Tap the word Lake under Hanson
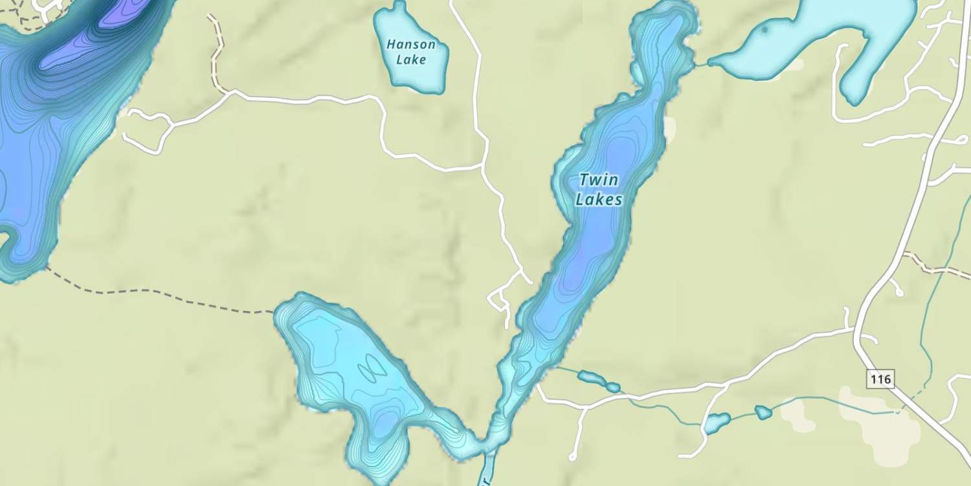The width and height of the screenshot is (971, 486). (411, 60)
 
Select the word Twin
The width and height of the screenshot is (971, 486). (599, 179)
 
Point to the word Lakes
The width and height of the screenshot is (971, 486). (599, 200)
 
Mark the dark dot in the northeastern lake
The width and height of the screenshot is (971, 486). (765, 29)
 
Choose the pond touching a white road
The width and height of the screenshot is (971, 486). (717, 423)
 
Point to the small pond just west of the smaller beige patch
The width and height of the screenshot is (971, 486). (763, 412)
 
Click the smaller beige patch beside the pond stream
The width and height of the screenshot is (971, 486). (798, 415)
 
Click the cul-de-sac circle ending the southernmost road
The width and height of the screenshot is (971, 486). (572, 457)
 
